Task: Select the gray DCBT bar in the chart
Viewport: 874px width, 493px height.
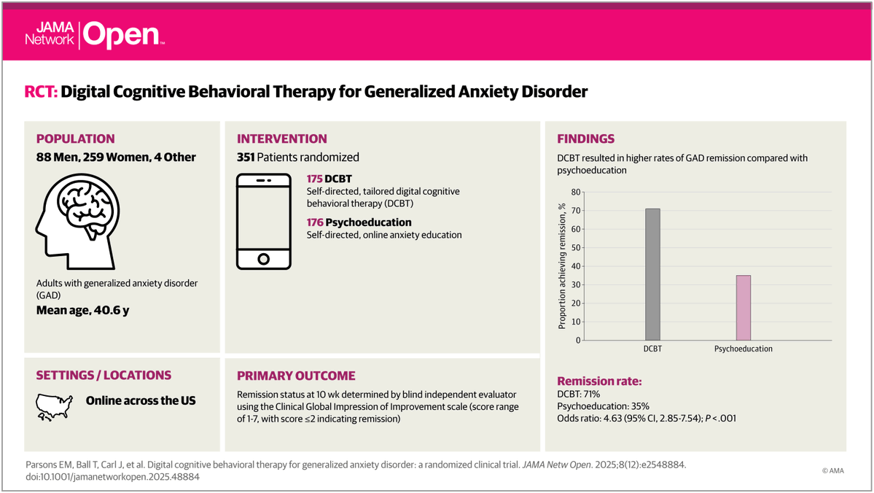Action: [x=652, y=275]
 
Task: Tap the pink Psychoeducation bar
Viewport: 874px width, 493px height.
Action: [x=743, y=307]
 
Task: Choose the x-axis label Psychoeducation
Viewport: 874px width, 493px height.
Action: [x=743, y=349]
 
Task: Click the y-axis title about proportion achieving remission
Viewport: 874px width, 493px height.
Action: [x=562, y=267]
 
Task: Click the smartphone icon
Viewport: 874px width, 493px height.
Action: [x=263, y=221]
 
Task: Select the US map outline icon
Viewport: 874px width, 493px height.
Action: [x=55, y=407]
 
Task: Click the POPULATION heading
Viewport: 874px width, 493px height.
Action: [x=75, y=139]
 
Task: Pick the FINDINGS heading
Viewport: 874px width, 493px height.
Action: [x=585, y=139]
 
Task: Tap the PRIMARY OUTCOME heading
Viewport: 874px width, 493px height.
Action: [x=296, y=376]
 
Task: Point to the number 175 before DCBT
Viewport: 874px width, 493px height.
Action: [x=315, y=179]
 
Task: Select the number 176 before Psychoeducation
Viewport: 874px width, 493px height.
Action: [x=315, y=222]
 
